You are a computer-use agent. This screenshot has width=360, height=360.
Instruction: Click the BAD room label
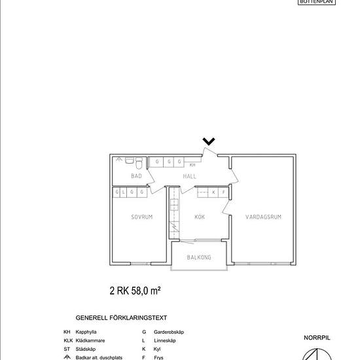coord(136,177)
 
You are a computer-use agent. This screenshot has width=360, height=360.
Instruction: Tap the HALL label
coord(190,177)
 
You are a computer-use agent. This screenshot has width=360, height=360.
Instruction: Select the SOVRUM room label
coord(141,217)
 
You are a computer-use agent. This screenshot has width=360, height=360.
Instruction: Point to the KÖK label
coord(200,217)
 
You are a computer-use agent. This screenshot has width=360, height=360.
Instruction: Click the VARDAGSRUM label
coord(263,217)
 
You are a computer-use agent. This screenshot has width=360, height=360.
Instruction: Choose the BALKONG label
coord(199,258)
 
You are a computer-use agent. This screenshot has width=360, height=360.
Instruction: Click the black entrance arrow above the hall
coord(209,141)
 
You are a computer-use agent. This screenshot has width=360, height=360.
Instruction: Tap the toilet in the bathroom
coord(130,160)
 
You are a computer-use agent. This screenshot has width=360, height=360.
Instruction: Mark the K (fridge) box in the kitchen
coord(213,192)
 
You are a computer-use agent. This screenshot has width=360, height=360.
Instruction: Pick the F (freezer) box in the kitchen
coord(223,192)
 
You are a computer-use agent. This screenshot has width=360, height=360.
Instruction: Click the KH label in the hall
coord(192,166)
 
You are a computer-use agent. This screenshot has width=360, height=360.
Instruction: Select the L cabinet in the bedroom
coord(124,192)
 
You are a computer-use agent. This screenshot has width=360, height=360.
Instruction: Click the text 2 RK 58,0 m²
coord(135,289)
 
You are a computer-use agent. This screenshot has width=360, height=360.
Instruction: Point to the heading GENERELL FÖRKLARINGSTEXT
coord(121,317)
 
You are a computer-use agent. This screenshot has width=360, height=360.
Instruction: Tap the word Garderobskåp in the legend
coord(169,333)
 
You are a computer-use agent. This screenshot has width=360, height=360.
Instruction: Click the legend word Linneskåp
coord(166,341)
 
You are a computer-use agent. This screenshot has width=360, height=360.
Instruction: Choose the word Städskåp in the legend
coord(88,350)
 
